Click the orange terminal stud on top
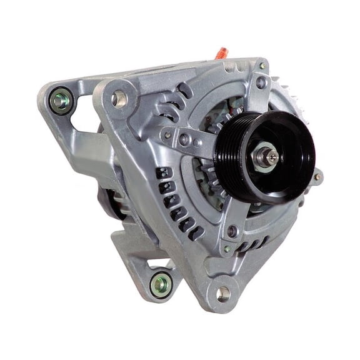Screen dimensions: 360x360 click(x=222, y=53)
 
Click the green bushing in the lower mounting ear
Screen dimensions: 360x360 click(x=161, y=286)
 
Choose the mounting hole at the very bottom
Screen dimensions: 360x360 click(x=223, y=292)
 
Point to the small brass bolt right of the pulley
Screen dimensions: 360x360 click(x=317, y=177)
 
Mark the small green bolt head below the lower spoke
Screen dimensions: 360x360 click(x=227, y=249)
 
